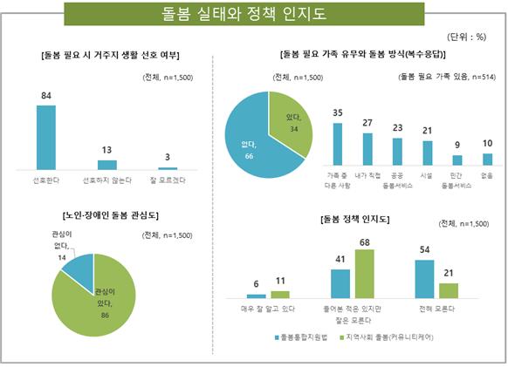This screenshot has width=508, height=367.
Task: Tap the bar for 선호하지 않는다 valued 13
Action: click(106, 164)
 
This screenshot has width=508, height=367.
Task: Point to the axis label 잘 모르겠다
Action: click(168, 180)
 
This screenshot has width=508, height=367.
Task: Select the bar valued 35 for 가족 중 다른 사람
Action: click(337, 144)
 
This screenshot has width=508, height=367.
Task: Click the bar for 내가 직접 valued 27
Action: click(367, 149)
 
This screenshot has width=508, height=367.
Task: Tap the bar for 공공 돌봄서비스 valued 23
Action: click(397, 152)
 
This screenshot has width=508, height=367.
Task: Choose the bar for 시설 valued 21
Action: click(427, 153)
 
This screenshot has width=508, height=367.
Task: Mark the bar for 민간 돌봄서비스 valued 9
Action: click(457, 160)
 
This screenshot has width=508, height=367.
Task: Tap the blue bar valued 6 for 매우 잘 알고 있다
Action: click(257, 296)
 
